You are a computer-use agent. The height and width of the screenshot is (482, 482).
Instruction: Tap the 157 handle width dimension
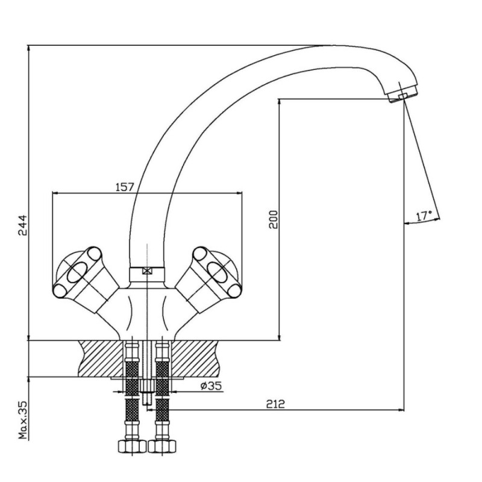125,187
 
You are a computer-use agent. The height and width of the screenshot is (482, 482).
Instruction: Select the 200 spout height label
273,219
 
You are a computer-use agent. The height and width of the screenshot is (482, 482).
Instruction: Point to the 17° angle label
424,216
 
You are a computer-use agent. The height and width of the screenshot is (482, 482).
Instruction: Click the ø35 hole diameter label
211,386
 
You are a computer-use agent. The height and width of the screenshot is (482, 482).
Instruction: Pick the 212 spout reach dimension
275,404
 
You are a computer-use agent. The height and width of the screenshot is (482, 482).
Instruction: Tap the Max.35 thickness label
23,420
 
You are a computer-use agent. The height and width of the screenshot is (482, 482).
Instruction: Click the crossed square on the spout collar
147,272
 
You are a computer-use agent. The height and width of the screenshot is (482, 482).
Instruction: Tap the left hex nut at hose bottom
132,446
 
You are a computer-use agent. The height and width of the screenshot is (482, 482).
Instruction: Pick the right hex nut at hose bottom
162,446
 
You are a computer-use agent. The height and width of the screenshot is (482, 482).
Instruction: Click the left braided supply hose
132,390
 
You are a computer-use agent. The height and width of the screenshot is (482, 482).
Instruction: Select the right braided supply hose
162,390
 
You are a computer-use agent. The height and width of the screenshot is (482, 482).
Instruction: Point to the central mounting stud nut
147,386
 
